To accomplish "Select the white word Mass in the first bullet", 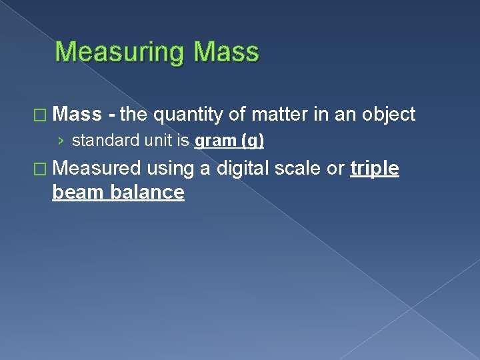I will coord(77,115).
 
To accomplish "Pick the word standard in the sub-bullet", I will coord(100,141).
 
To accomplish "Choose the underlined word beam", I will coord(77,192).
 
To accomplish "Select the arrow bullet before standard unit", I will coord(61,141).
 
